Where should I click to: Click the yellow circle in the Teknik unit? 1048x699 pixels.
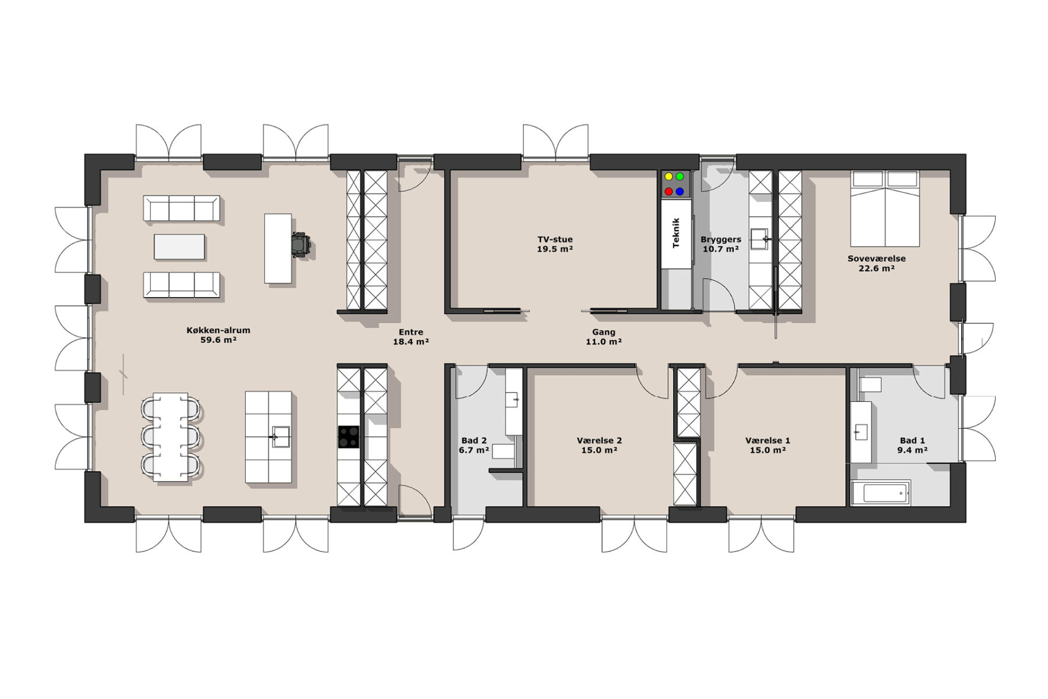pyautogui.click(x=668, y=176)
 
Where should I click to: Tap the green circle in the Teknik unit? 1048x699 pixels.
pyautogui.click(x=679, y=176)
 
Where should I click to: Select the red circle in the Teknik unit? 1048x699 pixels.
pyautogui.click(x=668, y=191)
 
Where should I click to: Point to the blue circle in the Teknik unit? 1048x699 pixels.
pyautogui.click(x=679, y=191)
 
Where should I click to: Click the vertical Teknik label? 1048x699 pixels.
pyautogui.click(x=676, y=233)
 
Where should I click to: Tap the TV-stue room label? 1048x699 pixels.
pyautogui.click(x=555, y=239)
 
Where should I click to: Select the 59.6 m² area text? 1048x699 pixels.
pyautogui.click(x=218, y=340)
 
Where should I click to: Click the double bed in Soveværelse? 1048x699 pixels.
pyautogui.click(x=884, y=209)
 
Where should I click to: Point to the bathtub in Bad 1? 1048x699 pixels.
pyautogui.click(x=880, y=493)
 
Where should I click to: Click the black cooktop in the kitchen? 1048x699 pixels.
pyautogui.click(x=349, y=437)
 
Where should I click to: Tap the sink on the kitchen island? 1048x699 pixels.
pyautogui.click(x=281, y=436)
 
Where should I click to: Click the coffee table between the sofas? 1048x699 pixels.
pyautogui.click(x=179, y=246)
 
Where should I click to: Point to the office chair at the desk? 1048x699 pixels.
pyautogui.click(x=300, y=245)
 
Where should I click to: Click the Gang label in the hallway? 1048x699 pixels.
pyautogui.click(x=604, y=332)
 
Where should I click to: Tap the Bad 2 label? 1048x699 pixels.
pyautogui.click(x=474, y=441)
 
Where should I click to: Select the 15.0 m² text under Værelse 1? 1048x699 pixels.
pyautogui.click(x=768, y=450)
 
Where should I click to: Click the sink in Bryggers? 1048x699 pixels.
pyautogui.click(x=760, y=239)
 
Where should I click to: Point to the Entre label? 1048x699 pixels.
pyautogui.click(x=411, y=332)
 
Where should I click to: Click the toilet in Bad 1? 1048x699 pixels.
pyautogui.click(x=870, y=384)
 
